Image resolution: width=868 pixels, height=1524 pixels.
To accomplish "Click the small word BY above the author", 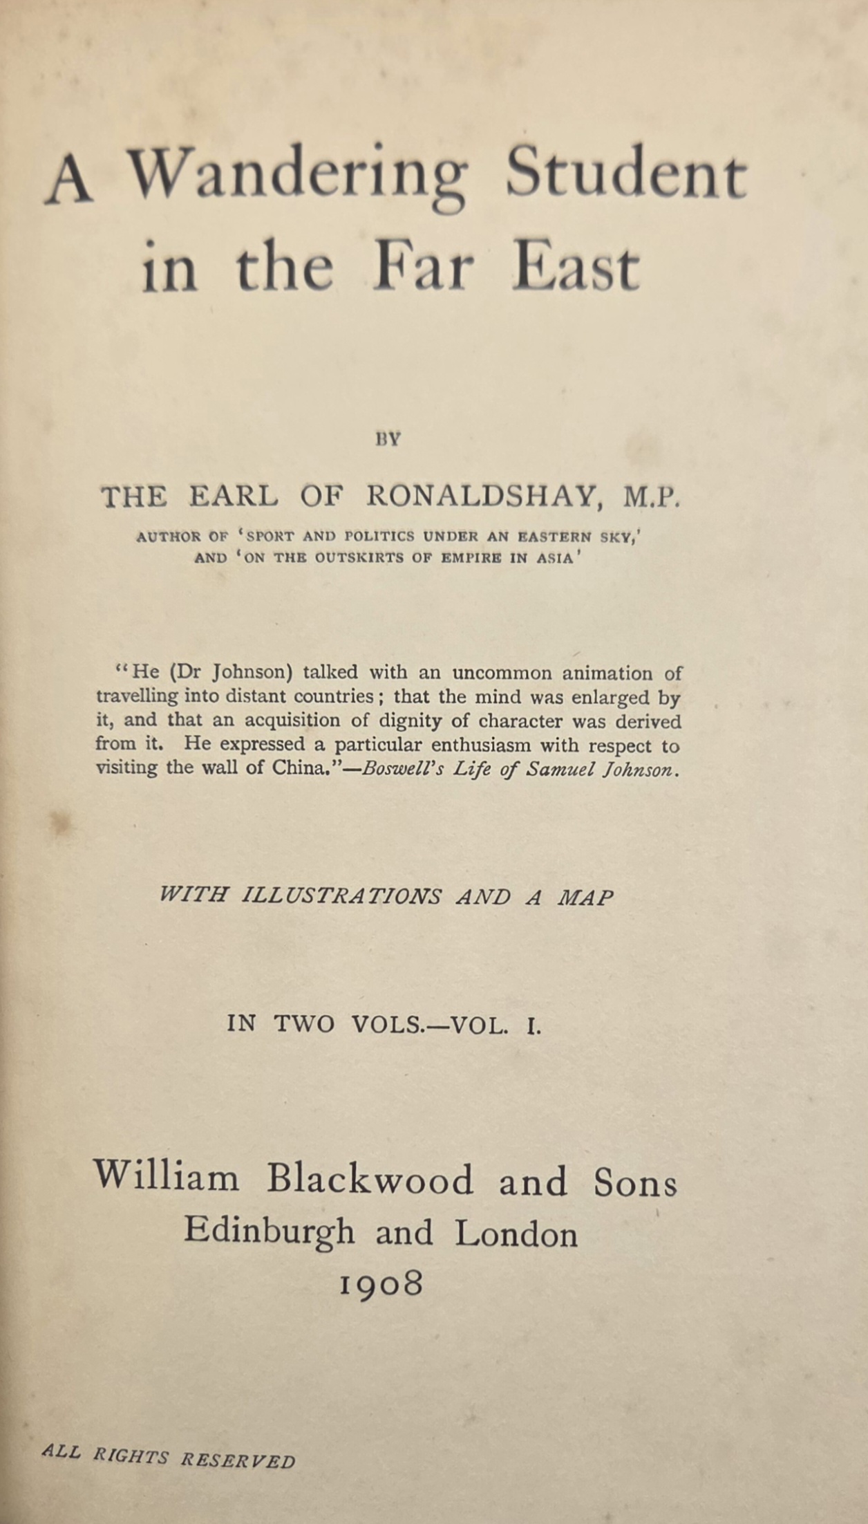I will point(388,439).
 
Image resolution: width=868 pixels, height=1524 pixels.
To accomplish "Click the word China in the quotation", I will point(294,768).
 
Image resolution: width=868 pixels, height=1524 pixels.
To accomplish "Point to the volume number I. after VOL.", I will point(532,1025).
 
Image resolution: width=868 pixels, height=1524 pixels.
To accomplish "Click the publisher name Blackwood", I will point(370,1180).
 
